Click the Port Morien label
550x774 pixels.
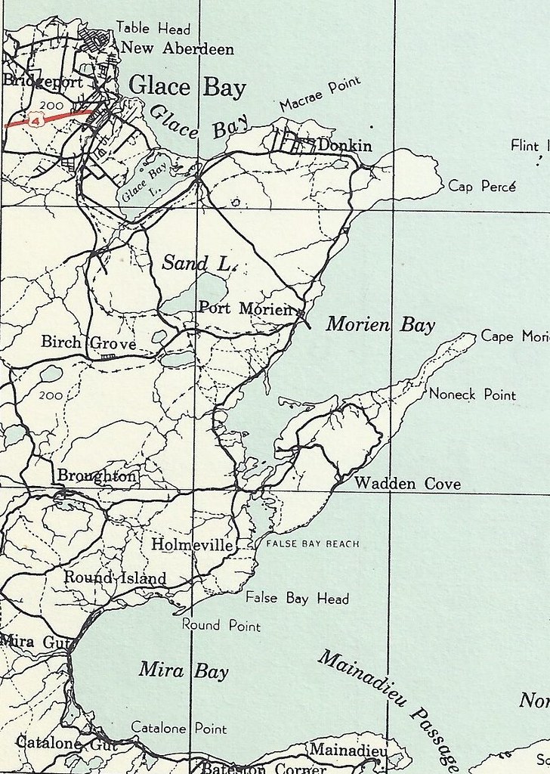click(x=244, y=308)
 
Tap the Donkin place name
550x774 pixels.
click(x=345, y=145)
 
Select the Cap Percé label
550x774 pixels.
click(x=482, y=185)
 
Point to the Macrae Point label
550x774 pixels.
click(x=320, y=94)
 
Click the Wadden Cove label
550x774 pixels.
click(x=407, y=484)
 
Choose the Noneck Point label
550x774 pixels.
click(x=472, y=395)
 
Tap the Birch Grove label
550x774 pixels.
click(x=88, y=344)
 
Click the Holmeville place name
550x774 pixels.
click(x=192, y=544)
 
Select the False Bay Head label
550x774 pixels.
click(x=297, y=598)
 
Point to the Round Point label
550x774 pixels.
click(x=221, y=625)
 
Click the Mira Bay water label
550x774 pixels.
click(x=184, y=670)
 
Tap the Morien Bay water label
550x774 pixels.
click(x=381, y=326)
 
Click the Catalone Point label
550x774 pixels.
click(x=179, y=729)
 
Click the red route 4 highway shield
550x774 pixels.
click(x=36, y=119)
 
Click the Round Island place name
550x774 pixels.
click(x=115, y=578)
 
